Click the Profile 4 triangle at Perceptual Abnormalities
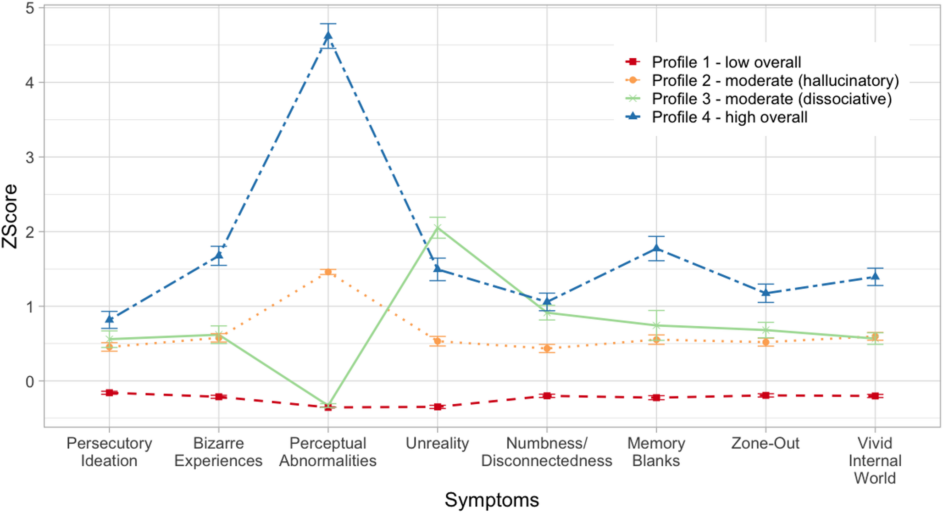point(328,35)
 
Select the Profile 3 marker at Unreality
point(438,227)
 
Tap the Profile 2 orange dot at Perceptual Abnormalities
point(328,272)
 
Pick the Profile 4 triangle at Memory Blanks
point(656,248)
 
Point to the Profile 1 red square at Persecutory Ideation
point(109,392)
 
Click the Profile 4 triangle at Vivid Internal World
point(875,276)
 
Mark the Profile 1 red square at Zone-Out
point(765,395)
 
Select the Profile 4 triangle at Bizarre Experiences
point(219,255)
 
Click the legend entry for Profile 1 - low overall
point(727,62)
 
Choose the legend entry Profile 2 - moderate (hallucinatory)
point(775,80)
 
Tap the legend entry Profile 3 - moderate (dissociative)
point(771,99)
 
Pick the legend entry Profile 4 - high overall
point(729,117)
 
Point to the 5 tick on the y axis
point(30,8)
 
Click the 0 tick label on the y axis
point(30,381)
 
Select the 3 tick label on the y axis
point(30,157)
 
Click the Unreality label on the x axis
point(438,443)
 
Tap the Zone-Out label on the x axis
point(765,443)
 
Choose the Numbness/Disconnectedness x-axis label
point(547,452)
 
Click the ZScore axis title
point(10,216)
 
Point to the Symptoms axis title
point(492,500)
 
